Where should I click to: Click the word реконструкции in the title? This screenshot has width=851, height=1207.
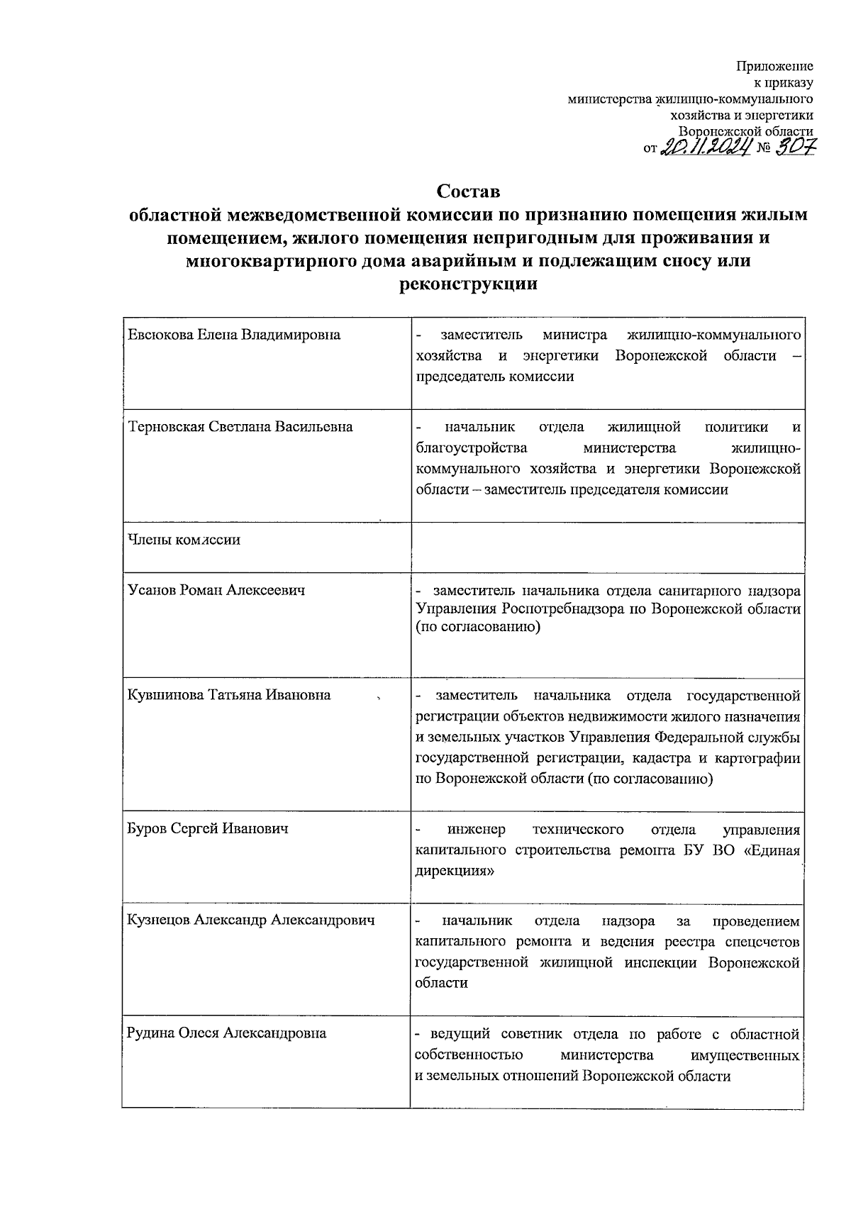(x=468, y=285)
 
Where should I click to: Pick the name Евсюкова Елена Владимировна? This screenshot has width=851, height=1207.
(x=234, y=335)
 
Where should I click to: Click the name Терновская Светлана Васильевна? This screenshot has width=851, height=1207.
(x=240, y=427)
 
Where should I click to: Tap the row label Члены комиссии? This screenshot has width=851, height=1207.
(x=184, y=540)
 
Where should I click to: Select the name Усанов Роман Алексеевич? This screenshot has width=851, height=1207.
(x=217, y=590)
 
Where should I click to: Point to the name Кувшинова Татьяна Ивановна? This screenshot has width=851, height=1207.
(x=229, y=694)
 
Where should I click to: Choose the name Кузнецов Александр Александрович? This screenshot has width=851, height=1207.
(x=250, y=920)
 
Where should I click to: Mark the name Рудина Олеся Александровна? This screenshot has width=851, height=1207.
(x=226, y=1033)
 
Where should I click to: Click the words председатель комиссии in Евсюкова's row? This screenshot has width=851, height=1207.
(x=495, y=377)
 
